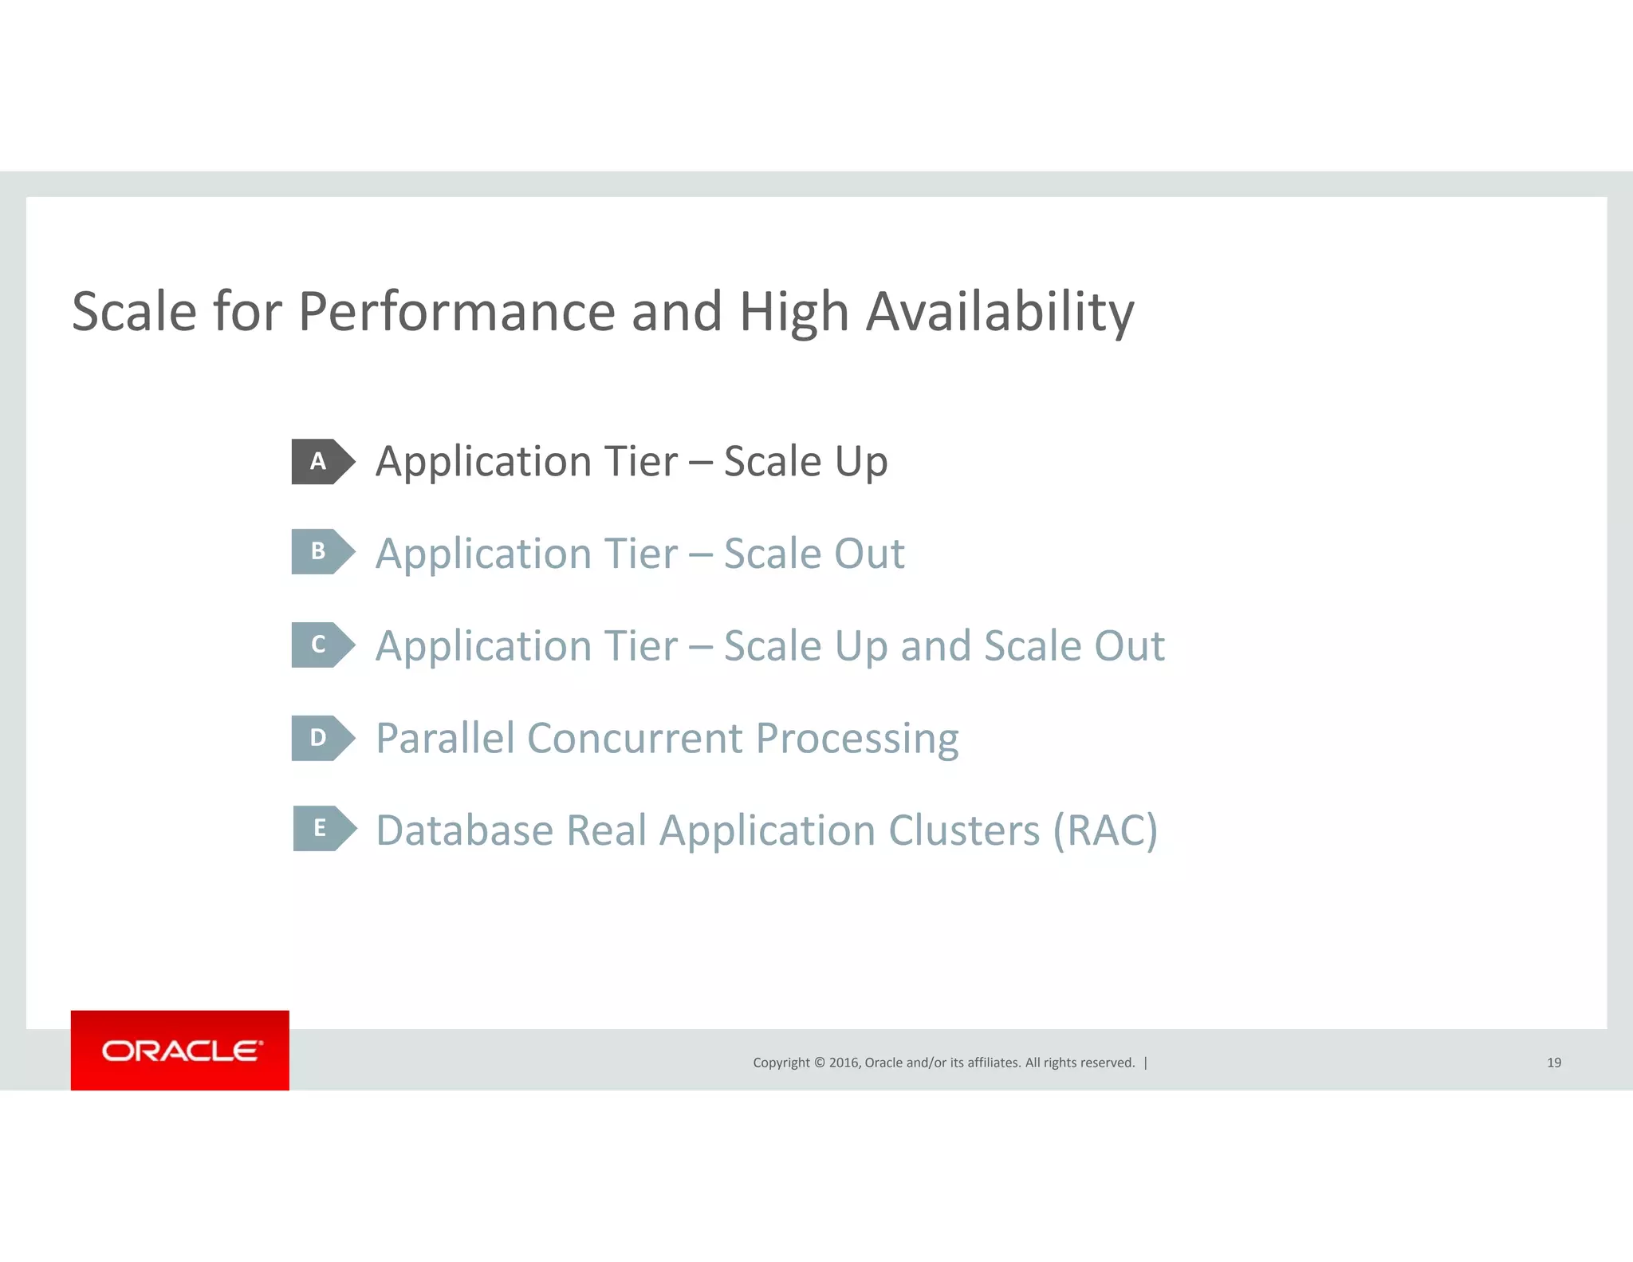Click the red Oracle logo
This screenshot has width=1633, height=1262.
[180, 1050]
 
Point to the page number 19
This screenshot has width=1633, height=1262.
[1553, 1063]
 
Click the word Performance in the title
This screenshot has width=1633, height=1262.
[456, 311]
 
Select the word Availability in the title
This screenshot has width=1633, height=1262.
[1000, 311]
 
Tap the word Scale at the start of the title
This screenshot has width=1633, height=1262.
[134, 311]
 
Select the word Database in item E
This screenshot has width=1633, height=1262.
[465, 830]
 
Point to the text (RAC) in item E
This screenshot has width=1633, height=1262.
[1105, 830]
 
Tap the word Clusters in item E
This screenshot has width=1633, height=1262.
[964, 830]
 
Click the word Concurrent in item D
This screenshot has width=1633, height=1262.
[635, 738]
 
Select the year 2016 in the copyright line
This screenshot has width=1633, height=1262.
[844, 1063]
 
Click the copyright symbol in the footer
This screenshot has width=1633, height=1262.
[819, 1063]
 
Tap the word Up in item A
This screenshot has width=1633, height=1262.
[860, 463]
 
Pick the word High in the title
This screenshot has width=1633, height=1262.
[793, 313]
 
